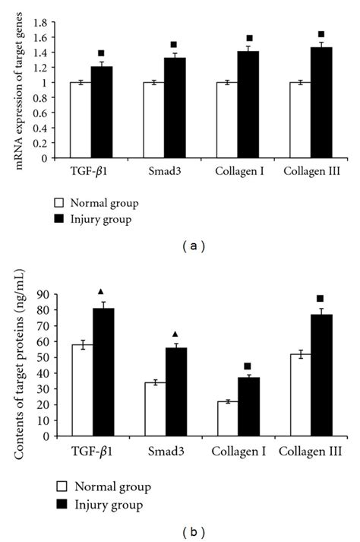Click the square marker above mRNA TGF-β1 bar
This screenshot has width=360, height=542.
pos(101,53)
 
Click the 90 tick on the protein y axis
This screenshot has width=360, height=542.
pos(47,295)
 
